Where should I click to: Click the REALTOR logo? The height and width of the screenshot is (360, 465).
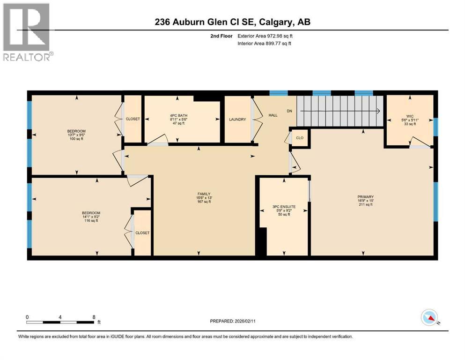(26, 32)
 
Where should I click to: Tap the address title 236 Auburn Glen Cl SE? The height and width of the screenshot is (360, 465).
(232, 22)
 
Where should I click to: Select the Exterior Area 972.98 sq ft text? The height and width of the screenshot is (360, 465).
(267, 36)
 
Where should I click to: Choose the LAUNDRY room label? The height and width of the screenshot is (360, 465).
(237, 120)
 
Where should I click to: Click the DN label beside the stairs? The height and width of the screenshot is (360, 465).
(289, 111)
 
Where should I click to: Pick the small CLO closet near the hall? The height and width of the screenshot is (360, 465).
(300, 138)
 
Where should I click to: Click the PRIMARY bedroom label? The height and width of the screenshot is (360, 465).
(365, 197)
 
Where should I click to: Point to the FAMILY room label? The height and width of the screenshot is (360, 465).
(204, 194)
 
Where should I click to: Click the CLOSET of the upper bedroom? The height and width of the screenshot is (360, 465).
(133, 119)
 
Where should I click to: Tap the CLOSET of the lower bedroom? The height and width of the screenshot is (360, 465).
(142, 233)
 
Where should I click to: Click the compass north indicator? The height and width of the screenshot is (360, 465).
(429, 317)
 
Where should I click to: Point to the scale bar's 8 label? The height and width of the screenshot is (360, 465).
(94, 317)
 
